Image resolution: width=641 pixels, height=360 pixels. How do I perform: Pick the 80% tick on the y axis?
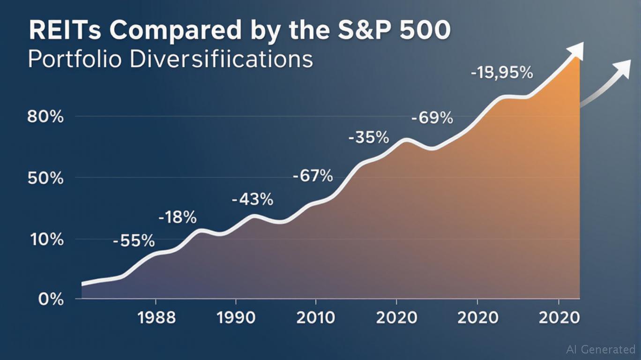pos(45,117)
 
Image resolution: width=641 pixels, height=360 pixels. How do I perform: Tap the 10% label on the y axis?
pos(45,240)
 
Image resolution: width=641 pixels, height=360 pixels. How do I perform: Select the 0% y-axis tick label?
pos(51,299)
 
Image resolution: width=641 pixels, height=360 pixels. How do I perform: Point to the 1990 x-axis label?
pos(236,318)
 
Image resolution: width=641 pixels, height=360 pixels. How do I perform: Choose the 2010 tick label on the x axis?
pos(316,318)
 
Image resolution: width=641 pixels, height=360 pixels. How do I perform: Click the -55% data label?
pos(134,241)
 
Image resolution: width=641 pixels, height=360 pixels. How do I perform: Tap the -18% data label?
pos(178,217)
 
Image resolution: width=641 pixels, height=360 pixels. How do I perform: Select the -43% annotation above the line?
pos(253,200)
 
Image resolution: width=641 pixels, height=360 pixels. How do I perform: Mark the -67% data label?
pos(313,177)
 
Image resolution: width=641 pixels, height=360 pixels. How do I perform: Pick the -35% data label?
pos(369,138)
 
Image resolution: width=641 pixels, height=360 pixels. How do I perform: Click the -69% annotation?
pos(432,118)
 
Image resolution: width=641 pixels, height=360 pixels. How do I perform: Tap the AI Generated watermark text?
pos(601,349)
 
